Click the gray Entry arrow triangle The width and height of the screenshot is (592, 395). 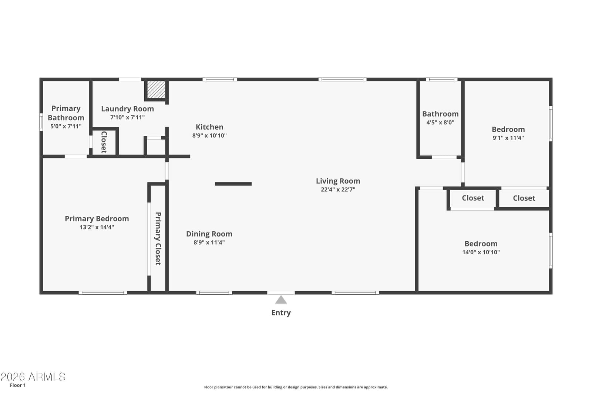(281, 300)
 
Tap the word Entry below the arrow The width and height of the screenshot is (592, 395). (281, 313)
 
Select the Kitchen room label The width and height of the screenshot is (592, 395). (209, 127)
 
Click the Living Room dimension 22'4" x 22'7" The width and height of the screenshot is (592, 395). (338, 189)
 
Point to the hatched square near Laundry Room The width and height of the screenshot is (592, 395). (156, 89)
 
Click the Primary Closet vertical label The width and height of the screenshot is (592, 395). (158, 238)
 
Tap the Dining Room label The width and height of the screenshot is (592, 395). (209, 234)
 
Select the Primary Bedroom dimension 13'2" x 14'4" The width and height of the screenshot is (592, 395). (97, 227)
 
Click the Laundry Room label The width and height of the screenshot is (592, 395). (127, 109)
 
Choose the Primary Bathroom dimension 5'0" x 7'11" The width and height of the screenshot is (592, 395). (66, 126)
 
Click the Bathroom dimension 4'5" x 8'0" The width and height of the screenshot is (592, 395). (440, 123)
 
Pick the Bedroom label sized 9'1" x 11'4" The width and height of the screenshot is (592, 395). (508, 129)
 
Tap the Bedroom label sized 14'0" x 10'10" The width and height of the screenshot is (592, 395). (481, 244)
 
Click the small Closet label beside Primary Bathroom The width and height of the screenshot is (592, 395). (104, 142)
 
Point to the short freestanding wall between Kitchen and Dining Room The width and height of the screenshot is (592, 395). (233, 184)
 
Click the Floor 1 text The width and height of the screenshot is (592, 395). (18, 385)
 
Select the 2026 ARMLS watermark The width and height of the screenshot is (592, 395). (33, 377)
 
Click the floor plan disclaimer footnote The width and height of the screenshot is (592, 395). (296, 387)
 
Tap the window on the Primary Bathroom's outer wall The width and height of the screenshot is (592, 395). (41, 122)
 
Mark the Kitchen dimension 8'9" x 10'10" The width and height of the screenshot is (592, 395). (209, 135)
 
